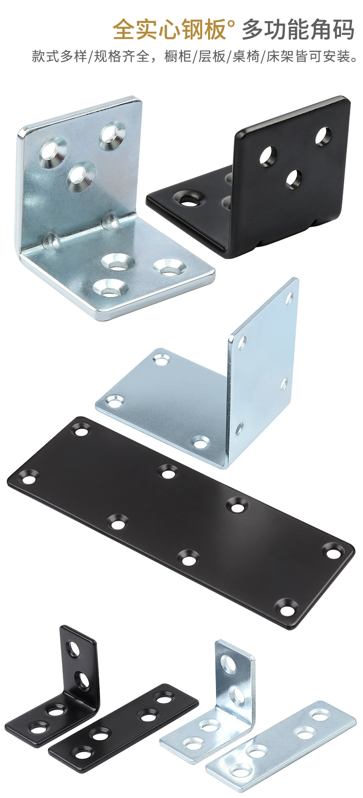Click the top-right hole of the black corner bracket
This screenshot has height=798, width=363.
pyautogui.click(x=323, y=136)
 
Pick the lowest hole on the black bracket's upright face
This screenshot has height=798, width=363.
pyautogui.click(x=294, y=179)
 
